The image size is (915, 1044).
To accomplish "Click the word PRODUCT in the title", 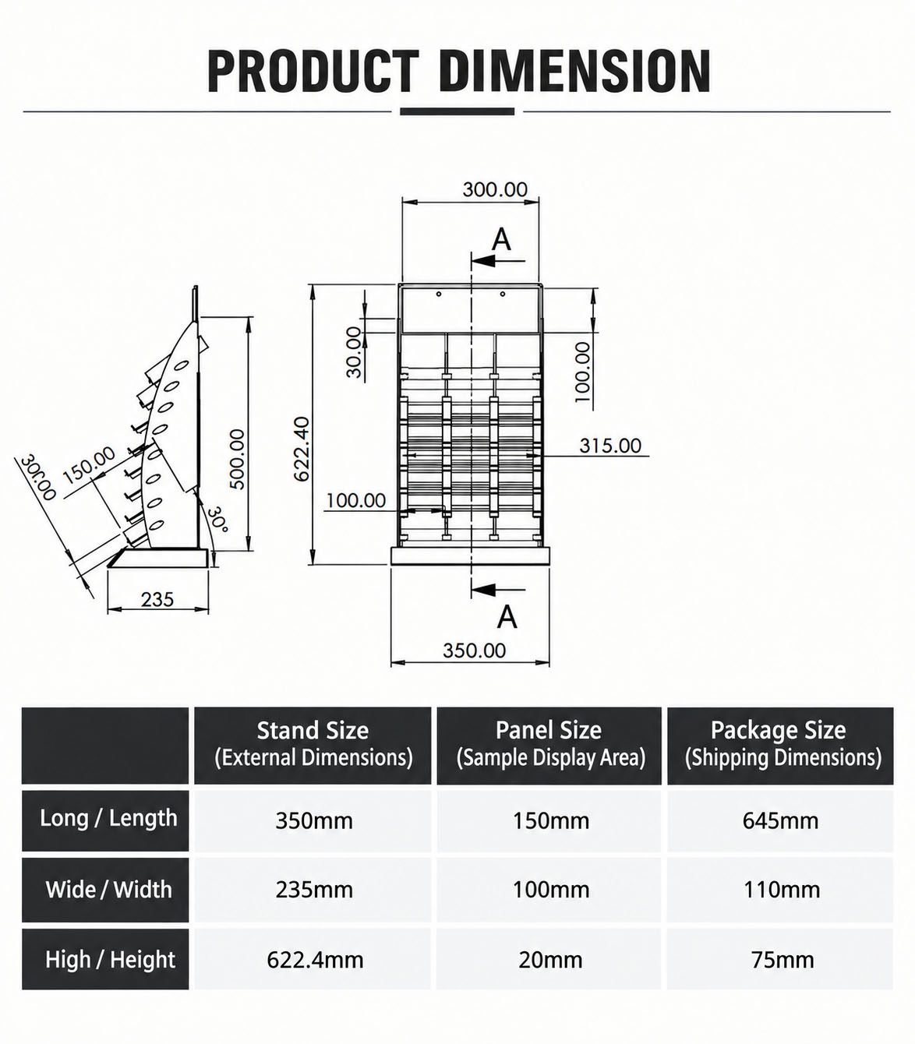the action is (313, 71).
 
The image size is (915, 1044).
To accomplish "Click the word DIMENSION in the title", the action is (574, 71).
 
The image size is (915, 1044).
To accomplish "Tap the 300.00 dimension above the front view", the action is (494, 189).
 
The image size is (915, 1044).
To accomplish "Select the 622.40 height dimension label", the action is (301, 449).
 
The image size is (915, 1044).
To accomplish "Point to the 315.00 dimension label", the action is (609, 446).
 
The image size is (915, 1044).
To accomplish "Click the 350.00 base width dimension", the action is (474, 651).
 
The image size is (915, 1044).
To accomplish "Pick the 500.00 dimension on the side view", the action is (237, 459).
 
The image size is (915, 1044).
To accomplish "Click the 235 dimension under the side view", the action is (157, 599).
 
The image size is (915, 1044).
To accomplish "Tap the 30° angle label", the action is (217, 518).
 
